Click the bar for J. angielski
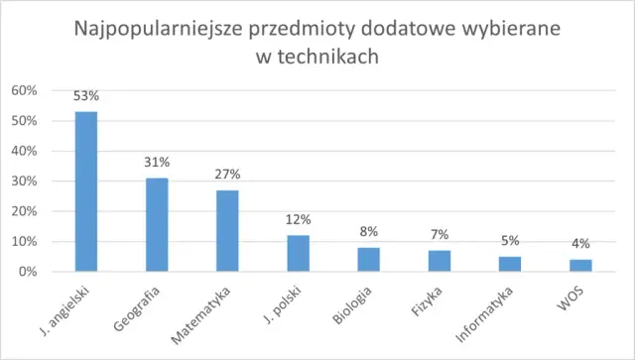pyautogui.click(x=86, y=191)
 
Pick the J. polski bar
pyautogui.click(x=298, y=253)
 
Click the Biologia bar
pyautogui.click(x=368, y=259)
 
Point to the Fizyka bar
pyautogui.click(x=439, y=261)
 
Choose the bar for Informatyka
pyautogui.click(x=509, y=264)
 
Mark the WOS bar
pyautogui.click(x=579, y=265)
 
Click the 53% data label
pyautogui.click(x=86, y=96)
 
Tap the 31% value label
pyautogui.click(x=157, y=162)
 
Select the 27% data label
pyautogui.click(x=227, y=175)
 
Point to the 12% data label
pyautogui.click(x=298, y=219)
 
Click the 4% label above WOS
pyautogui.click(x=579, y=244)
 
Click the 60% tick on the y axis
pyautogui.click(x=24, y=90)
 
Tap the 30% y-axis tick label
pyautogui.click(x=24, y=181)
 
